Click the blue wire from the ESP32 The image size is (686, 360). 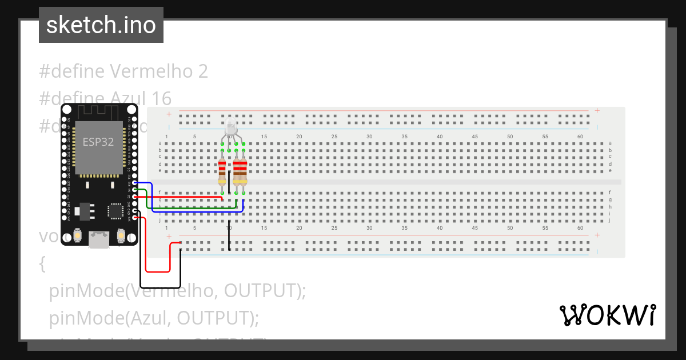(194, 211)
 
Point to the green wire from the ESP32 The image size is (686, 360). (189, 207)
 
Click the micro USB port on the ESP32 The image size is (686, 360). (99, 239)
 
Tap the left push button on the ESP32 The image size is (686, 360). (78, 235)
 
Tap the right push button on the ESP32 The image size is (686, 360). (121, 235)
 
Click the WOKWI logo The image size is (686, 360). (607, 315)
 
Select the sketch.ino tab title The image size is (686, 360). (101, 25)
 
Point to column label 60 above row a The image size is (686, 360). (581, 137)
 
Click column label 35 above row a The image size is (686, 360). (405, 137)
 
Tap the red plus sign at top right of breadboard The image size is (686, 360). (597, 110)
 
